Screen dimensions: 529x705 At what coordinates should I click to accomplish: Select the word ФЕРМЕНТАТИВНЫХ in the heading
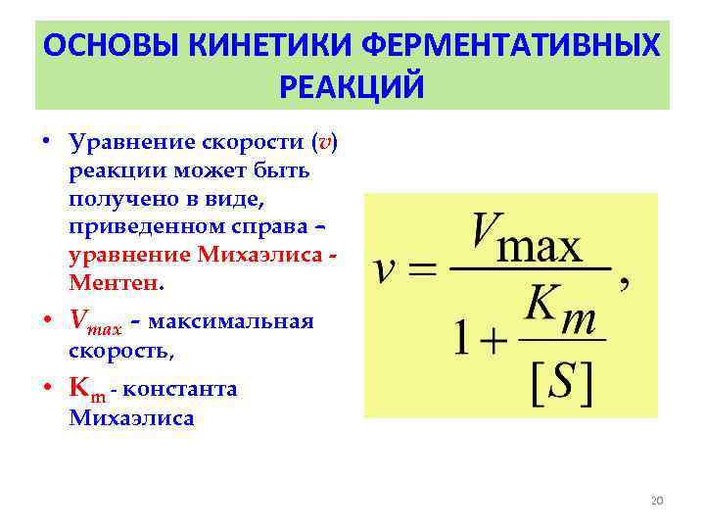pos(524,46)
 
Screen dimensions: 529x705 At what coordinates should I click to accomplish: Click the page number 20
pos(657,501)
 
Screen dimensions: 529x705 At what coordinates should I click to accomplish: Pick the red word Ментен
pos(112,284)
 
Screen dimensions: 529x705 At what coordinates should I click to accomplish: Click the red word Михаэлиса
pos(261,256)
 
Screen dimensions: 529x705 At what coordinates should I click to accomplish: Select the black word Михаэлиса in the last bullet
pos(131,418)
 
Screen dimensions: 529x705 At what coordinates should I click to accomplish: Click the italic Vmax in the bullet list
pos(95,321)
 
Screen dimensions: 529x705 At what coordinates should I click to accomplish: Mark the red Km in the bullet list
pos(86,389)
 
